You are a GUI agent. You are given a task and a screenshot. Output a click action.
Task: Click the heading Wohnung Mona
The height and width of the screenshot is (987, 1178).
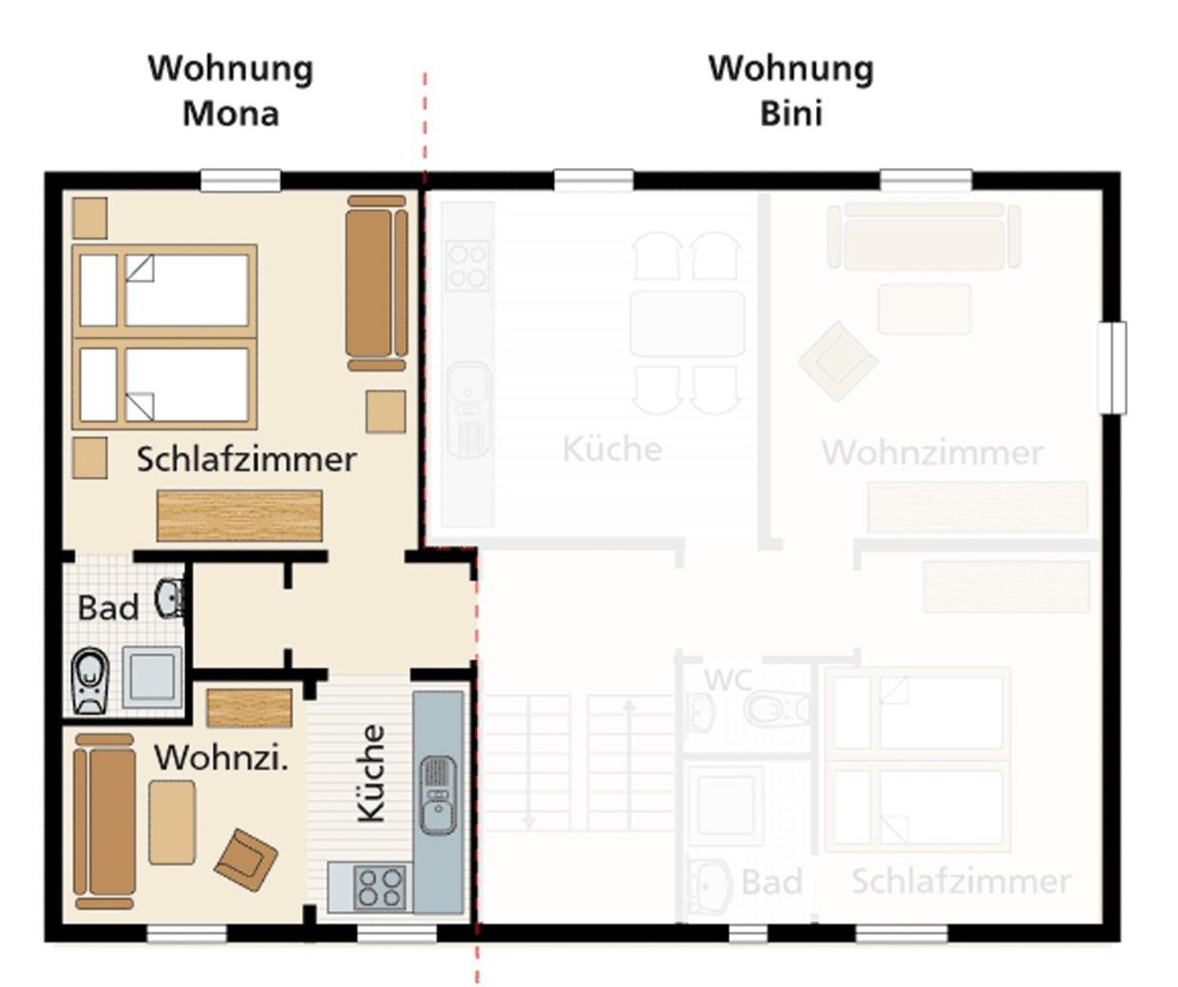(231, 91)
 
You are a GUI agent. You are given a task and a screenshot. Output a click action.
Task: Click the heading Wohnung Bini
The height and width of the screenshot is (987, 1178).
(791, 91)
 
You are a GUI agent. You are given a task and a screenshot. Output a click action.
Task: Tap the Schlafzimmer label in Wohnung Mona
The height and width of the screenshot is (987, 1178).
(246, 459)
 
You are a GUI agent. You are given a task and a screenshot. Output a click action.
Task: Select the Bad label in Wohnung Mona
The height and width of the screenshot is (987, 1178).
(107, 608)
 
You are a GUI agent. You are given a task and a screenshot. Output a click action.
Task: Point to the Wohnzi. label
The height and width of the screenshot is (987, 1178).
(221, 757)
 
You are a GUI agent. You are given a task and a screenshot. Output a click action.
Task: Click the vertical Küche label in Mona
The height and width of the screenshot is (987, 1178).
(371, 773)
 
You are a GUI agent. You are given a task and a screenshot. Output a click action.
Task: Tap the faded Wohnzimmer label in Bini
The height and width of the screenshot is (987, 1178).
(932, 452)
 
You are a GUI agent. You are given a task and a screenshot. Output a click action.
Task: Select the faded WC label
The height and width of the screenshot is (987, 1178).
(728, 679)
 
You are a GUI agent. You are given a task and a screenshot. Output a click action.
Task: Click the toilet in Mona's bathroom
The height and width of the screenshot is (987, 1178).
(90, 680)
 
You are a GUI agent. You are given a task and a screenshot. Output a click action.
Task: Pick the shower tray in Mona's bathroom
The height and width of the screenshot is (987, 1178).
(152, 676)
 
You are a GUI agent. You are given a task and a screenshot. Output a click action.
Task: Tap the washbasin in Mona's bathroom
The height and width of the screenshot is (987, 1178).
(170, 598)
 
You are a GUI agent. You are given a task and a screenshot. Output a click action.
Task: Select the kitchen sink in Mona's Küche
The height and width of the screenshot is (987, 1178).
(438, 794)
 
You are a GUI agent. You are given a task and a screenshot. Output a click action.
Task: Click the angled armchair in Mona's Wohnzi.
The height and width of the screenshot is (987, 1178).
(245, 860)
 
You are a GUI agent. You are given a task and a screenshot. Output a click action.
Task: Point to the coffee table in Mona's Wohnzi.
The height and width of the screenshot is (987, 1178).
(172, 822)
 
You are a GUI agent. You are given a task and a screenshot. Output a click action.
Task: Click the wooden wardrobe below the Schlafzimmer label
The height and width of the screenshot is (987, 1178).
(239, 516)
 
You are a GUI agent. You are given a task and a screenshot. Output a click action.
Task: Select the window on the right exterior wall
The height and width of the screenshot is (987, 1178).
(1112, 368)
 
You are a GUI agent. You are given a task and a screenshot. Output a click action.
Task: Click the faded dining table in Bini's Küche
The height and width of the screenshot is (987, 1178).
(687, 324)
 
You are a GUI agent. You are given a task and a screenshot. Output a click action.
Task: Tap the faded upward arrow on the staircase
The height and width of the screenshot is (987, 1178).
(629, 765)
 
